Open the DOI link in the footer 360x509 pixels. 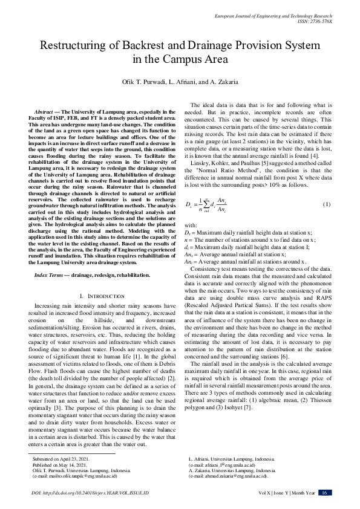pos(90,493)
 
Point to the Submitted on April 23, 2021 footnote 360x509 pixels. pos(59,459)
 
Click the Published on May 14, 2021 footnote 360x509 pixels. pos(58,465)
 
